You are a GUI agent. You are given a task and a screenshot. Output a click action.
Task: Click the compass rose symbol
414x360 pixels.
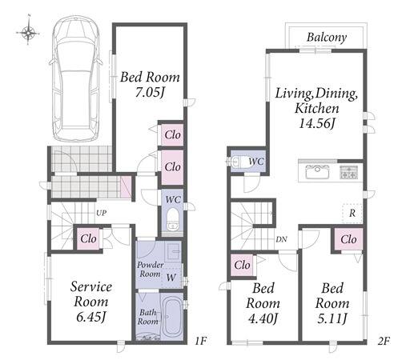click(28, 33)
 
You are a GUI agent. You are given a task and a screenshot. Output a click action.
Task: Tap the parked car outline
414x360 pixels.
click(75, 78)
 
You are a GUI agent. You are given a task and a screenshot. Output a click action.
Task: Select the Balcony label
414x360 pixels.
click(327, 38)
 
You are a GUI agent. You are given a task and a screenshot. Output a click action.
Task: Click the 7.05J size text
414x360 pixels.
click(150, 92)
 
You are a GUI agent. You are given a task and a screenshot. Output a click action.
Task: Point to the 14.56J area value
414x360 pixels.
click(317, 123)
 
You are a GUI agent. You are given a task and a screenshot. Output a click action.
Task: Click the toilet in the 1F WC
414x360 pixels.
click(173, 219)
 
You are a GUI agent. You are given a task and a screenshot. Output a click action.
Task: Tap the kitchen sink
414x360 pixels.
click(317, 172)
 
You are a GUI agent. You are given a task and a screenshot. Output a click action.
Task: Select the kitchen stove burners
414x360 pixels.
click(348, 172)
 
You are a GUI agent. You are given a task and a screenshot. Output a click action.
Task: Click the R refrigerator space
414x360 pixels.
click(352, 213)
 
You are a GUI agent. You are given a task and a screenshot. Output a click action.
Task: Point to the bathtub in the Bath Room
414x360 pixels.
click(172, 318)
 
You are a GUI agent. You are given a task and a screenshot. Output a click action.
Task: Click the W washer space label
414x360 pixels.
click(171, 278)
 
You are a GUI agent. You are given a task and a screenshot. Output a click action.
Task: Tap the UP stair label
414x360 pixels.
click(102, 213)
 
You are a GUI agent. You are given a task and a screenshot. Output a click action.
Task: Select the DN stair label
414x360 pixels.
click(281, 239)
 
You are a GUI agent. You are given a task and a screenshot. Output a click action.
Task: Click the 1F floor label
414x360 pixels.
click(201, 341)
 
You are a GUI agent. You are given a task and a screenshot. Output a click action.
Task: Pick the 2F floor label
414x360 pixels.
click(384, 341)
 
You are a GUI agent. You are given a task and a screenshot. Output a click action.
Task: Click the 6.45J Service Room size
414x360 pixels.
click(91, 317)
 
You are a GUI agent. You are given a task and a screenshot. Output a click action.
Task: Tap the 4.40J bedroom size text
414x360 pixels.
click(263, 318)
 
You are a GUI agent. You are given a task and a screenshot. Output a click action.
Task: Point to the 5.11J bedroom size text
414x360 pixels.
click(332, 318)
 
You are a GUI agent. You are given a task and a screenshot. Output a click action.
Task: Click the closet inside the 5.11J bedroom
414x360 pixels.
click(348, 239)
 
